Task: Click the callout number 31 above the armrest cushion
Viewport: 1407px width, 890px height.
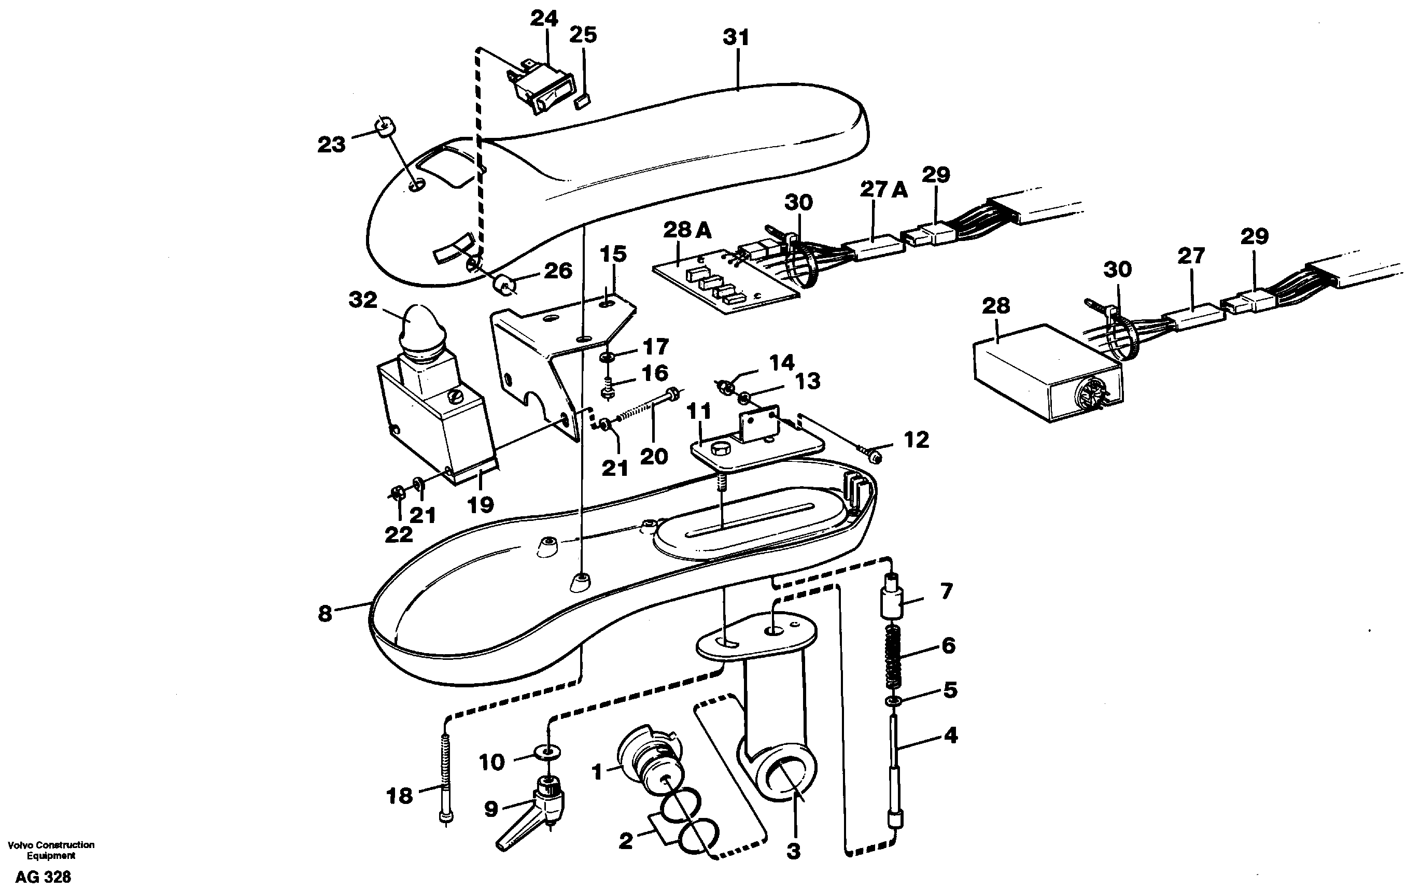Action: [x=736, y=37]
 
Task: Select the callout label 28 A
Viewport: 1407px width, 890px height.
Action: [x=687, y=230]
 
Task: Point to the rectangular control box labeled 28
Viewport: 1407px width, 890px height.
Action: [x=1046, y=374]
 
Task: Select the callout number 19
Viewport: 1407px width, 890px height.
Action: [x=480, y=504]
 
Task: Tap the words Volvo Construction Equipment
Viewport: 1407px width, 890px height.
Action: [x=51, y=850]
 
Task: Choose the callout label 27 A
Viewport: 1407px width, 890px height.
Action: [x=883, y=189]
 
